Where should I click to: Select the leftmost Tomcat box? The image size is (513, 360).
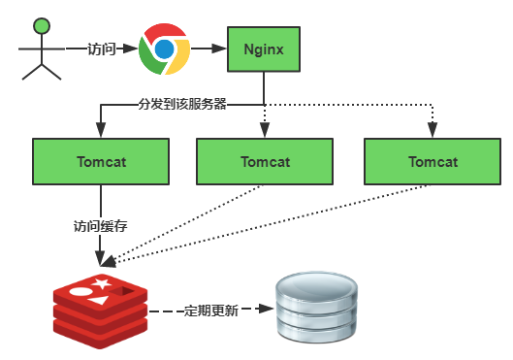101,161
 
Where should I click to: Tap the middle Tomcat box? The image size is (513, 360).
265,161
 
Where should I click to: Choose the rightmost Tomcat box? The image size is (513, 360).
432,161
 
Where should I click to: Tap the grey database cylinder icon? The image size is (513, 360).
311,310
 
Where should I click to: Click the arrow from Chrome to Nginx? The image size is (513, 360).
208,48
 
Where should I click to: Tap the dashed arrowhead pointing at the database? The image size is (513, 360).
263,311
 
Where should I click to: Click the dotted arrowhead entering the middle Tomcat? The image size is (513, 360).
265,132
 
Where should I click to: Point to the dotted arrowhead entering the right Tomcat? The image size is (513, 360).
432,132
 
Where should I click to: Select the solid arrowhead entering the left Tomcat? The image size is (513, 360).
101,132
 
